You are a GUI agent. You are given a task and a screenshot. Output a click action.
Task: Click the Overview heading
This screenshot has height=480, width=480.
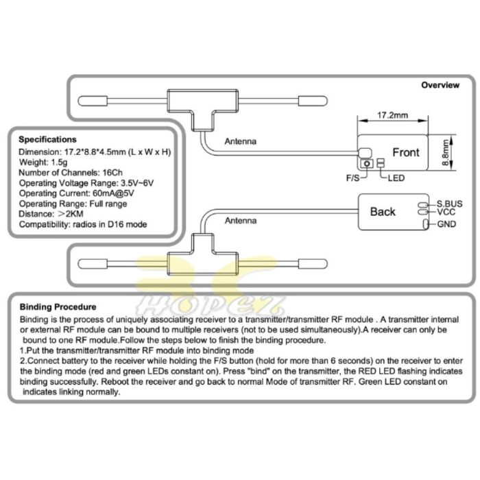[x=440, y=85]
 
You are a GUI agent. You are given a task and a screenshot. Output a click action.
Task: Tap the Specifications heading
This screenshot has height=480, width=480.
[x=47, y=140]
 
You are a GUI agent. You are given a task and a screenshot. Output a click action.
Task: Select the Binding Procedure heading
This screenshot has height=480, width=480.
[x=58, y=307]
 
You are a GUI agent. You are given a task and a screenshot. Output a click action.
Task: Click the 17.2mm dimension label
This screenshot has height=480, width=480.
[x=392, y=115]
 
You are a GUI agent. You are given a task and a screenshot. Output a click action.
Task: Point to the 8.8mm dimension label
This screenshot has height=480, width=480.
[x=446, y=152]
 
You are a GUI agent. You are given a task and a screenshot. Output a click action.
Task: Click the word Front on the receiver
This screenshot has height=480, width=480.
[x=406, y=152]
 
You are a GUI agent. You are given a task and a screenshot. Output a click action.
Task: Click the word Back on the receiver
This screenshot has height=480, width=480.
[x=383, y=211]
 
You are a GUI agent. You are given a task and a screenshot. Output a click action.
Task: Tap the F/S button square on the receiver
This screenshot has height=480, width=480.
[x=367, y=163]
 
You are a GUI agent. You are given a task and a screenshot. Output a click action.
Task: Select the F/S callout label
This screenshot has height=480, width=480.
[x=352, y=178]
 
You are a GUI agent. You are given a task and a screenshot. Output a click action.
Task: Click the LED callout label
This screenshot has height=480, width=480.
[x=396, y=178]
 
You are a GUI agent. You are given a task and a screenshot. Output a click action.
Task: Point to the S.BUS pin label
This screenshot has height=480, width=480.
[x=449, y=204]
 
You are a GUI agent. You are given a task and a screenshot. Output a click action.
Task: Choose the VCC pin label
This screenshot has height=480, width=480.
[x=446, y=212]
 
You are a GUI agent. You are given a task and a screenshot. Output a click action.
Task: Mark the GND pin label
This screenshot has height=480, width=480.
[x=446, y=224]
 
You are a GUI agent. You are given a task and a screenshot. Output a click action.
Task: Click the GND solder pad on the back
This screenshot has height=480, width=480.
[x=426, y=224]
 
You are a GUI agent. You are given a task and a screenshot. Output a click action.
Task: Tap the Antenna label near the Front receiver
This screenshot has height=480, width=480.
[x=240, y=141]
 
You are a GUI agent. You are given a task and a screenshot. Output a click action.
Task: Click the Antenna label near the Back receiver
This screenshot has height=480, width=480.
[x=241, y=221]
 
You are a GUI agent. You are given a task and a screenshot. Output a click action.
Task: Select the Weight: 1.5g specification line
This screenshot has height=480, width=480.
[x=43, y=163]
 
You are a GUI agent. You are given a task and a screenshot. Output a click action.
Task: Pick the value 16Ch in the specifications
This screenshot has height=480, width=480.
[x=112, y=173]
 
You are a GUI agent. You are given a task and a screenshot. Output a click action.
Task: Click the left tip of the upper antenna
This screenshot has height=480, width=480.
[x=78, y=101]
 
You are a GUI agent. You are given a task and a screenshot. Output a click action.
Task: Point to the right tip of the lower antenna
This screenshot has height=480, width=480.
[x=327, y=263]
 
